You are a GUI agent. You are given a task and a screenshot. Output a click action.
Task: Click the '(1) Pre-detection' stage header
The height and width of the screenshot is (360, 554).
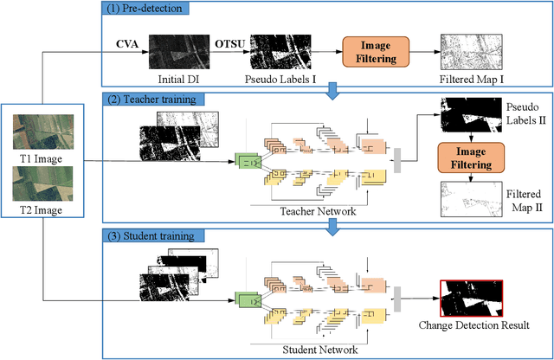(145, 10)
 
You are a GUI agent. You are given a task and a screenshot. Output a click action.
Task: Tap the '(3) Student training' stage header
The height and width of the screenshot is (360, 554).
(148, 235)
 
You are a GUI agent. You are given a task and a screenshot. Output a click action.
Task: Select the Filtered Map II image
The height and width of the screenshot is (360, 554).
(468, 199)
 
